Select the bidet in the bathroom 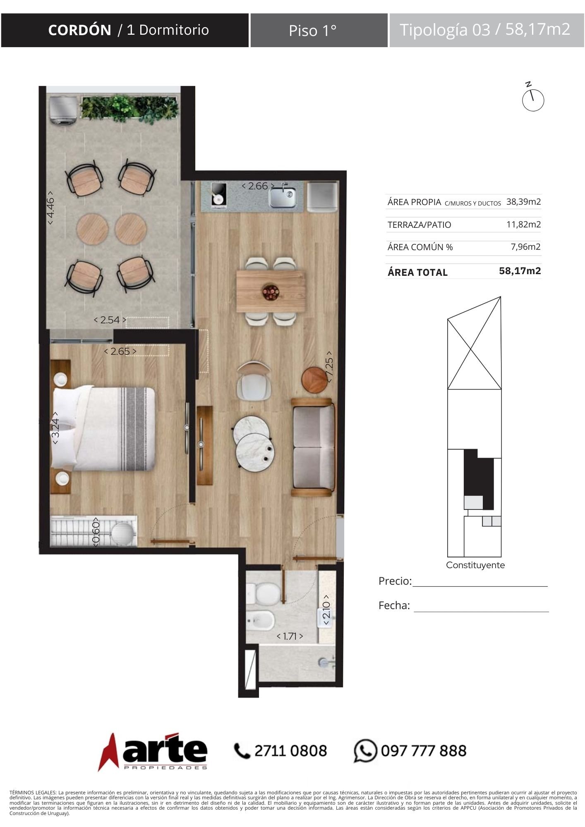click(260, 620)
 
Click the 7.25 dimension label click(329, 366)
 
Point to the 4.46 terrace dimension click(50, 208)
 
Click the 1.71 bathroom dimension click(290, 636)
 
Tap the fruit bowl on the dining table click(271, 292)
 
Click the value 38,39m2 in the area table click(523, 202)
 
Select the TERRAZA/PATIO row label click(419, 225)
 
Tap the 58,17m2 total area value click(520, 271)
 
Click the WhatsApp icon click(365, 750)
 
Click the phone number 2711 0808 click(290, 751)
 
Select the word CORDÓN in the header click(79, 30)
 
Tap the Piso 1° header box click(319, 30)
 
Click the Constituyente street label click(475, 565)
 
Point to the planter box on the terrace click(130, 109)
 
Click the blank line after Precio click(480, 586)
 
